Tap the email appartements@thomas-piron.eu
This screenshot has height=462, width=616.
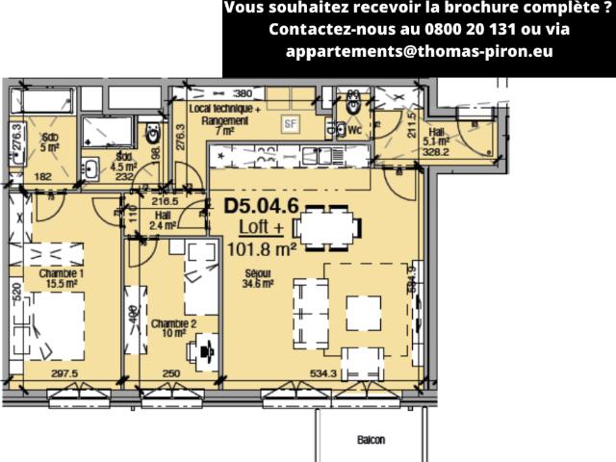(x=419, y=51)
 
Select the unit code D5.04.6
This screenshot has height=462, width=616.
(x=261, y=205)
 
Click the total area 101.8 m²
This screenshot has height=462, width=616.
(x=261, y=249)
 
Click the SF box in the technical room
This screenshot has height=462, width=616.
(x=290, y=123)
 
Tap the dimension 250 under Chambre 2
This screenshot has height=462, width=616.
(x=170, y=373)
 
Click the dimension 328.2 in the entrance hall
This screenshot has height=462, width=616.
(x=438, y=151)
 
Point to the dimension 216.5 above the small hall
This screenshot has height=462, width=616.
(x=167, y=201)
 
